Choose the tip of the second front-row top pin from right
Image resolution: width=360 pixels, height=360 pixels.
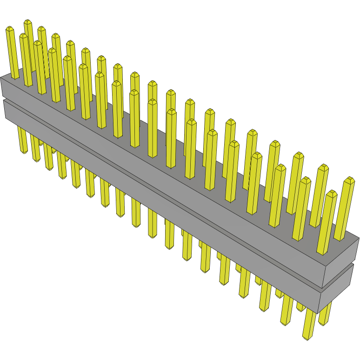coord(305,180)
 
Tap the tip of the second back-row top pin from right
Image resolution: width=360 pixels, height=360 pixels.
coord(322,167)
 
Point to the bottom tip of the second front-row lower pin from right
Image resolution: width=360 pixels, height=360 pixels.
coord(285,322)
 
